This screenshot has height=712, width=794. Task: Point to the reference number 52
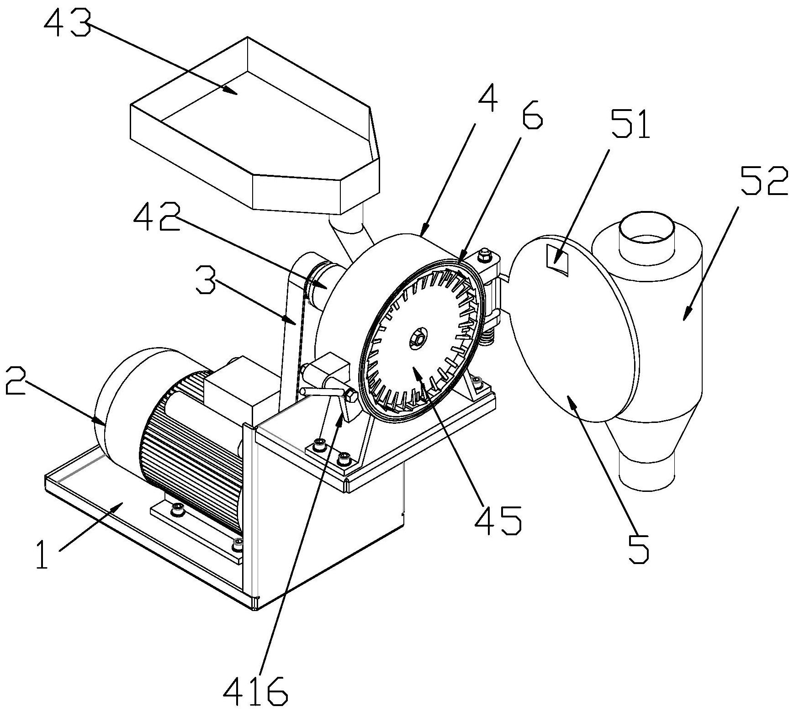(x=764, y=180)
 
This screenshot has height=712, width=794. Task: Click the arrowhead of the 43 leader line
(x=234, y=92)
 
